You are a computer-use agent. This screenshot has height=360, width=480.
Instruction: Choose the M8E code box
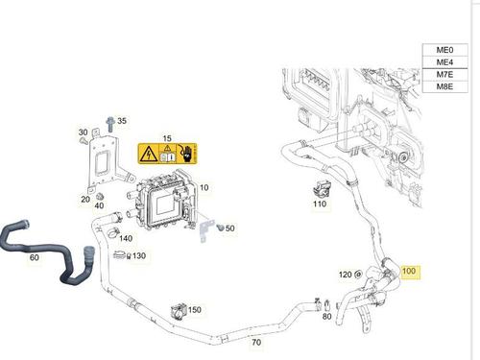(x=444, y=90)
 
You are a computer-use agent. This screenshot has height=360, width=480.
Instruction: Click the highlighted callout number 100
(x=410, y=272)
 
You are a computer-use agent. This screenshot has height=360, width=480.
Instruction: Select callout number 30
(x=84, y=132)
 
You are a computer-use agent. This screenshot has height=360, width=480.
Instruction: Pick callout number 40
(x=98, y=205)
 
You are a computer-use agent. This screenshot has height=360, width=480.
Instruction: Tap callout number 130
(x=139, y=256)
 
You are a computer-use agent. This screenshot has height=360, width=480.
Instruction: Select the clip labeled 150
(x=178, y=309)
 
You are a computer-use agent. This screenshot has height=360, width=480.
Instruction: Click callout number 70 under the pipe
(x=256, y=342)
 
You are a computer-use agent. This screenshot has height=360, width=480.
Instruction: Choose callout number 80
(x=327, y=317)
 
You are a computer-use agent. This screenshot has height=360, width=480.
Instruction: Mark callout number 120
(x=345, y=275)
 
